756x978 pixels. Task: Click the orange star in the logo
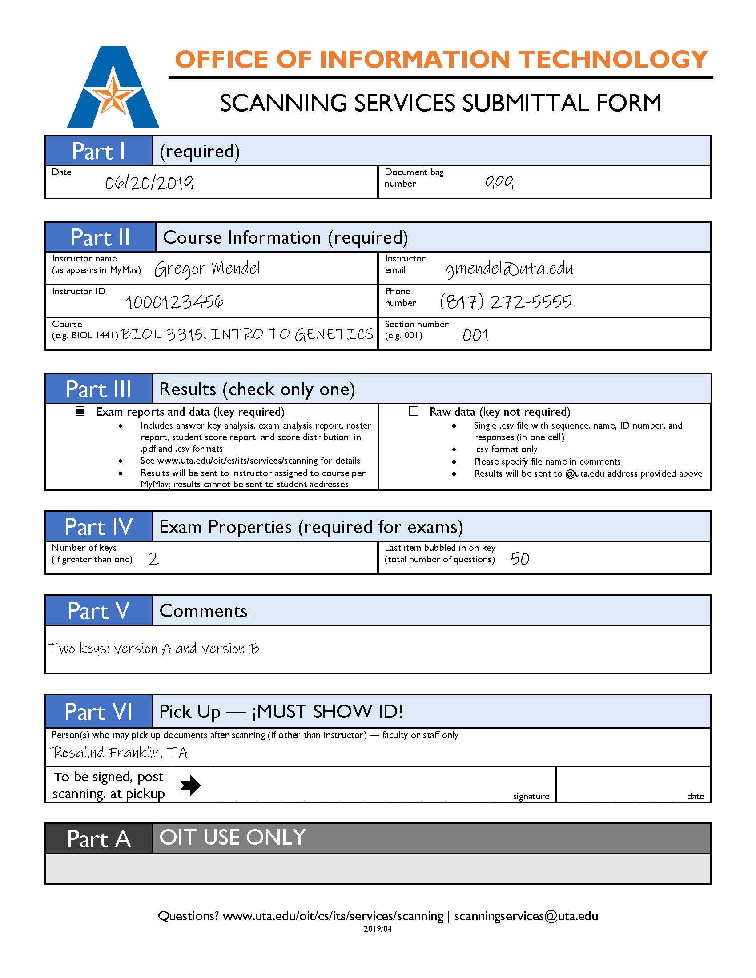click(113, 95)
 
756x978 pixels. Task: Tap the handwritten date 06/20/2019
click(149, 183)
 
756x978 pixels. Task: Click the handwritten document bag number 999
click(499, 182)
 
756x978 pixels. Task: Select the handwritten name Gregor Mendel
click(207, 269)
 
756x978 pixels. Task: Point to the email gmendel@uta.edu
click(509, 269)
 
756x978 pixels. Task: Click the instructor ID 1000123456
click(174, 302)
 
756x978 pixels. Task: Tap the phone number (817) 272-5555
click(506, 301)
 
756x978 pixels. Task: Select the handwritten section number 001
click(475, 335)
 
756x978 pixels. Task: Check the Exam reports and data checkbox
click(80, 411)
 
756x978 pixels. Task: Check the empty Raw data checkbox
click(414, 411)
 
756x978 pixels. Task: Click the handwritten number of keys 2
click(153, 559)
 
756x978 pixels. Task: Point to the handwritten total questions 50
click(520, 559)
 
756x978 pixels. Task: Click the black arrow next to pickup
click(190, 785)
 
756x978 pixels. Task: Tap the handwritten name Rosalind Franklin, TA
click(119, 753)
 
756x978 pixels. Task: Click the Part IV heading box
click(99, 527)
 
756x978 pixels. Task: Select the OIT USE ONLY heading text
click(233, 838)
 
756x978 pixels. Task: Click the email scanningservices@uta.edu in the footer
click(526, 916)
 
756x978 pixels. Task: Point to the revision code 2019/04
click(378, 929)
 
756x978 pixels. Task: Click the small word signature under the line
click(531, 796)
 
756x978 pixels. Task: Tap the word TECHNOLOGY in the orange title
click(614, 60)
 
